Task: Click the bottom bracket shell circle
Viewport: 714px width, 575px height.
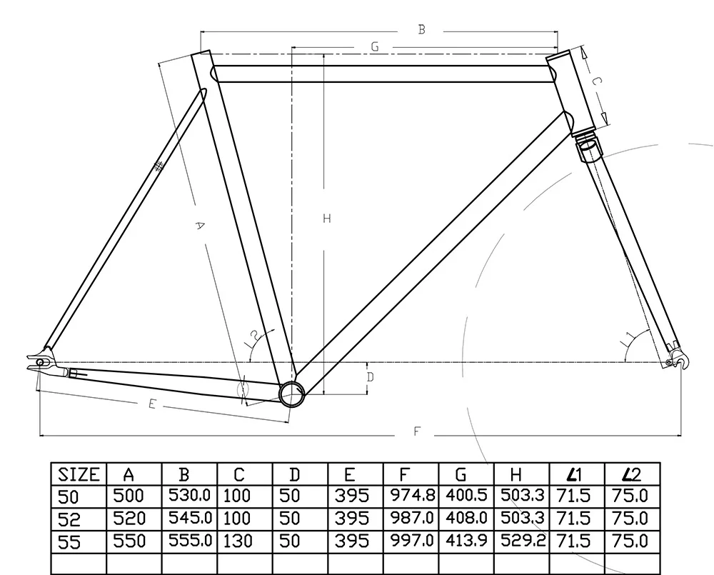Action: pyautogui.click(x=291, y=394)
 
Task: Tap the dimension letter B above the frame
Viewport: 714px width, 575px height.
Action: pyautogui.click(x=422, y=29)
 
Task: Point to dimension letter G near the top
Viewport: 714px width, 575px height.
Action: pyautogui.click(x=374, y=47)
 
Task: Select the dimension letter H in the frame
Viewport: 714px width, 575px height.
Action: pyautogui.click(x=326, y=219)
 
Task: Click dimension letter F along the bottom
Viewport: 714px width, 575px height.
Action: pyautogui.click(x=417, y=431)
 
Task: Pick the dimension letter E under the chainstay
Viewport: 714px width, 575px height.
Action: pyautogui.click(x=151, y=404)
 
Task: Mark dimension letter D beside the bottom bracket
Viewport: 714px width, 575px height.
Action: pyautogui.click(x=370, y=376)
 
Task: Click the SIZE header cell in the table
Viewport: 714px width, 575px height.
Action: pyautogui.click(x=79, y=474)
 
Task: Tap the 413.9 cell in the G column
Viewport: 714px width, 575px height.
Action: pyautogui.click(x=466, y=541)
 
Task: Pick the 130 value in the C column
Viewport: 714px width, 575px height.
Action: pyautogui.click(x=238, y=541)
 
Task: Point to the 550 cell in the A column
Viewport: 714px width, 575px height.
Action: pyautogui.click(x=129, y=541)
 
